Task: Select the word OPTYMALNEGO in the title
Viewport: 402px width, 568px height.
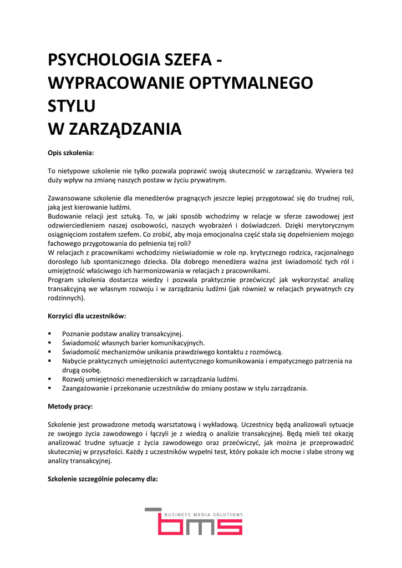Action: tap(251, 83)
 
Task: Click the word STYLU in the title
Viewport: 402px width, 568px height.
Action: tap(72, 106)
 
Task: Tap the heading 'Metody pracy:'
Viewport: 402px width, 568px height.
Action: tap(70, 407)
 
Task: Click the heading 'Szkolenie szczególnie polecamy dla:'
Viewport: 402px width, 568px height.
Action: tap(103, 479)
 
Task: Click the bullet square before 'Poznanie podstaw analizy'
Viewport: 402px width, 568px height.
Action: tap(50, 334)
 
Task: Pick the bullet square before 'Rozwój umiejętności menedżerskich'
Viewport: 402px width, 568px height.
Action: tap(50, 379)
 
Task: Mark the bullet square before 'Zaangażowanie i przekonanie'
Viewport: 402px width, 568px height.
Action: tap(50, 388)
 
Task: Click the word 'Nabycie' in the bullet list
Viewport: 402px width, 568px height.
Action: tap(74, 361)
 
